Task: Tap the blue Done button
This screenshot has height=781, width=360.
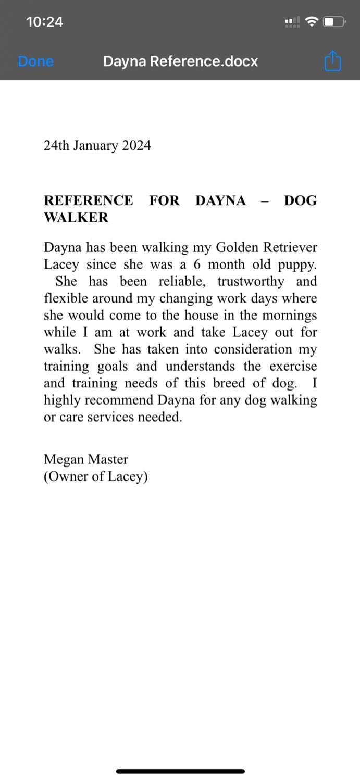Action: click(x=35, y=61)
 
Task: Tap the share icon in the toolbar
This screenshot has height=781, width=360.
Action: click(x=332, y=61)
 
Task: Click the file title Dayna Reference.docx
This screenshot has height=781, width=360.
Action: click(x=180, y=61)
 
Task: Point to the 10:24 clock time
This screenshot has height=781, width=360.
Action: click(x=45, y=22)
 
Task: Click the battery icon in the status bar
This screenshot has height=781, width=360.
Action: click(x=334, y=22)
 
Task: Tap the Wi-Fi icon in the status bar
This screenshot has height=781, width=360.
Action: click(x=312, y=22)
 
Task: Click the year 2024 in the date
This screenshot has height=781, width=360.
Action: click(x=136, y=146)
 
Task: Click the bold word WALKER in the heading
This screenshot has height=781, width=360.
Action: click(x=76, y=218)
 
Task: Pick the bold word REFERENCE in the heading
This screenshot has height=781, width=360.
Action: click(x=88, y=201)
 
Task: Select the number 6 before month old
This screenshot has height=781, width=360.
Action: click(x=197, y=264)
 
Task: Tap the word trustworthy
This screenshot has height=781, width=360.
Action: click(x=251, y=282)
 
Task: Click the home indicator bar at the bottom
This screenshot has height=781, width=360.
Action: click(x=180, y=771)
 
